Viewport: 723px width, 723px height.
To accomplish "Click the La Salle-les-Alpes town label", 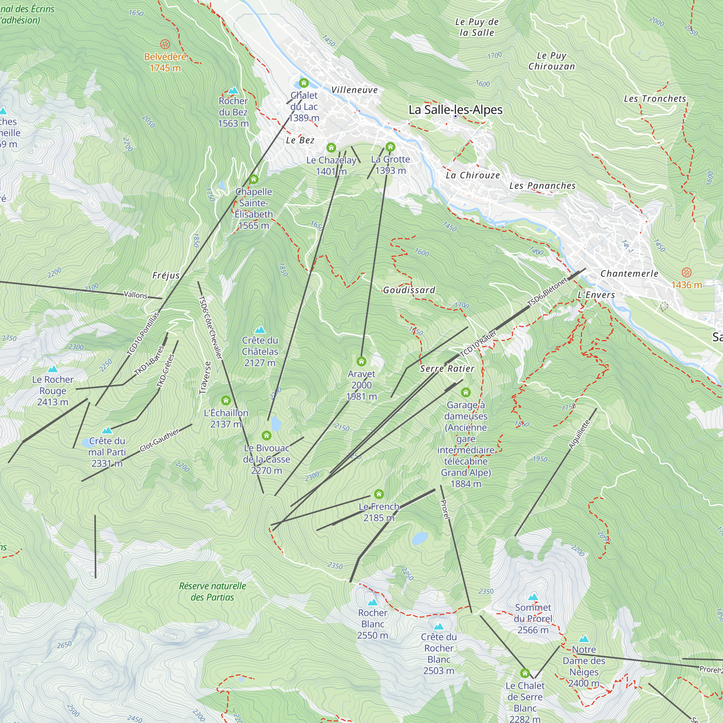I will [455, 110].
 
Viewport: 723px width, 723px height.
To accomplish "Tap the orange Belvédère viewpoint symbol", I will [165, 44].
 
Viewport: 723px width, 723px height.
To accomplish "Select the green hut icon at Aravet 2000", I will [361, 361].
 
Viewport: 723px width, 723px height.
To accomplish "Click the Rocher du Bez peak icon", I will [233, 91].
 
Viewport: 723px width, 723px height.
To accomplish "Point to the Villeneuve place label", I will [354, 90].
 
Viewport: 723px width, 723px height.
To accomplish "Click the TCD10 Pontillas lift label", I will [143, 333].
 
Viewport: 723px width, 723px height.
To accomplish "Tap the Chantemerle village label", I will [629, 274].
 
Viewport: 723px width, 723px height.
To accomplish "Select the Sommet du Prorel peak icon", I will [533, 597].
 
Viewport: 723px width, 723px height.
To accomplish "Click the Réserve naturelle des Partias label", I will [212, 591].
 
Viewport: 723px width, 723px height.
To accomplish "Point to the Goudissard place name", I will [409, 290].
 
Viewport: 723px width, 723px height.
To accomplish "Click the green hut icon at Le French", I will [379, 494].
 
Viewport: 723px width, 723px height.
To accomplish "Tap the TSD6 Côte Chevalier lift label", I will [210, 328].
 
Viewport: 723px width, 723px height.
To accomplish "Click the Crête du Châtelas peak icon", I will [260, 330].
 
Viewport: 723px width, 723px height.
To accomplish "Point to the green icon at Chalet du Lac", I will [304, 83].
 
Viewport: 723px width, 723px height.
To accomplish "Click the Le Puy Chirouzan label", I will [551, 61].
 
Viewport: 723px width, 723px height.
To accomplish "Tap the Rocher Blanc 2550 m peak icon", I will [372, 602].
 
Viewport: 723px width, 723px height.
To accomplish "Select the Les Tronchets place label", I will [655, 99].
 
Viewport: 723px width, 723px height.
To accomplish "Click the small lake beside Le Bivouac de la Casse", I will [276, 424].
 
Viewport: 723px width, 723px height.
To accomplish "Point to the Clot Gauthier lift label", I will [159, 440].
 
